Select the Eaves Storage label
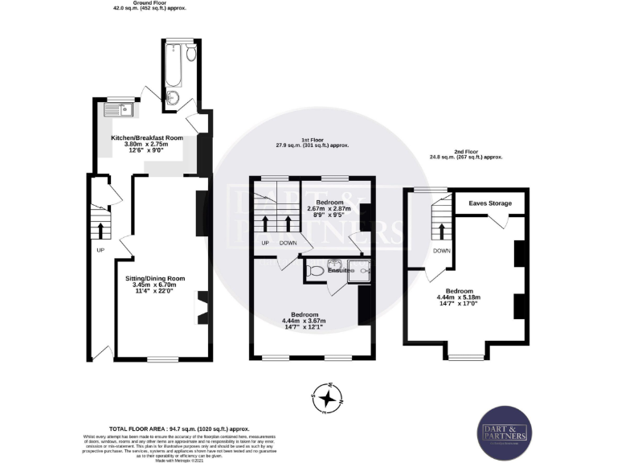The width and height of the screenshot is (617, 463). (490, 203)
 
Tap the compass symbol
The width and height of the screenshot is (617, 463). (328, 396)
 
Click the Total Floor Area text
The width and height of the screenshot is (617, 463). (185, 430)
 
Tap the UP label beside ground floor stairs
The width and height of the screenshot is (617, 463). (100, 249)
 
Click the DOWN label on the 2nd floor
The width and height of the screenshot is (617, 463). (441, 250)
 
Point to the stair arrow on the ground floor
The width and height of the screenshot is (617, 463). (100, 231)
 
